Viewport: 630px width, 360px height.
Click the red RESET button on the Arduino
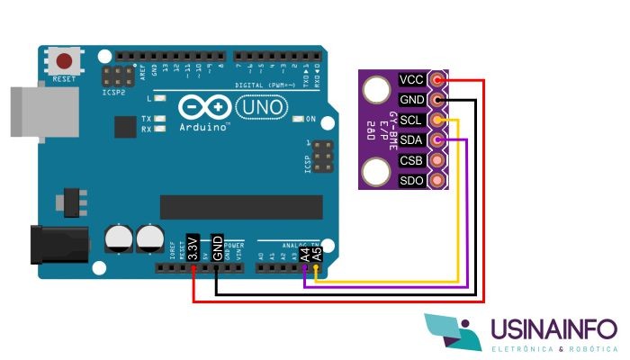click(x=65, y=62)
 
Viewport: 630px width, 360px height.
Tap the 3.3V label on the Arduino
click(x=192, y=247)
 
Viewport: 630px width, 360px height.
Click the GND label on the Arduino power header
click(x=217, y=247)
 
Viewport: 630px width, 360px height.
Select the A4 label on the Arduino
click(x=306, y=253)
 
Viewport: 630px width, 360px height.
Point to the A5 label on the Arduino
click(x=316, y=253)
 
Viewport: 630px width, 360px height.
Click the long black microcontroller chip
click(x=235, y=206)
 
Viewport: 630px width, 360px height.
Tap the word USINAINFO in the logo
click(x=553, y=332)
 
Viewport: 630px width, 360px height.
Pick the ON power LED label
click(x=311, y=119)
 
